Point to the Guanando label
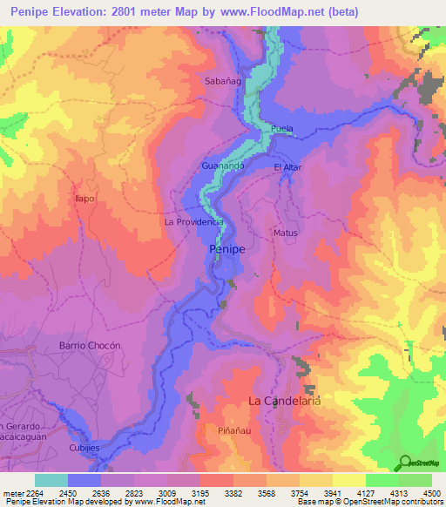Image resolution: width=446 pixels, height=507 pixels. pos(222,165)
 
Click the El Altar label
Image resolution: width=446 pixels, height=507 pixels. pos(287,166)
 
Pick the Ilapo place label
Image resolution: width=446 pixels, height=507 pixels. pos(84,199)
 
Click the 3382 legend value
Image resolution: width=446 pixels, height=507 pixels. pos(218,494)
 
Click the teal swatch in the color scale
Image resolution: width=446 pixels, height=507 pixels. pos(51,480)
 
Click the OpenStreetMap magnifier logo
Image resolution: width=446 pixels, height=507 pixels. pos(402,462)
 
